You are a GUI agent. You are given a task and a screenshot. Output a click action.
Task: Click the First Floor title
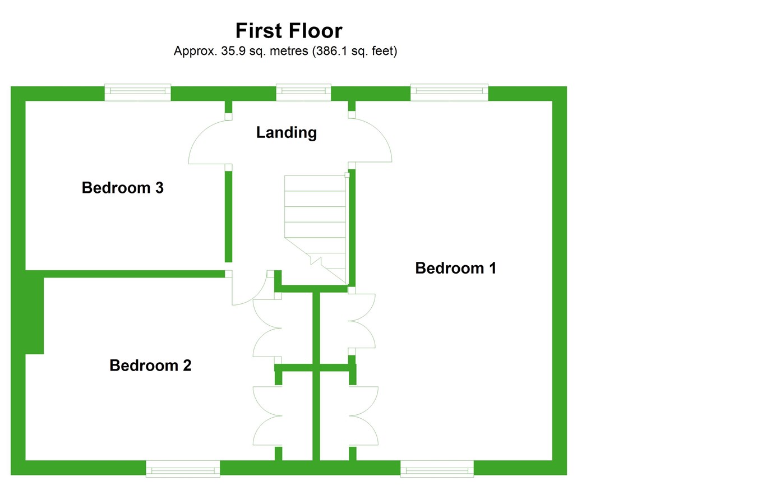pyautogui.click(x=288, y=30)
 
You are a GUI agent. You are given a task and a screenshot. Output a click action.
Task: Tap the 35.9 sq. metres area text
pyautogui.click(x=285, y=51)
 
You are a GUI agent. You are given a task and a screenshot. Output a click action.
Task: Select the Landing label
pyautogui.click(x=287, y=133)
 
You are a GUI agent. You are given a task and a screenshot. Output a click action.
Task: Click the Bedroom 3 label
pyautogui.click(x=122, y=188)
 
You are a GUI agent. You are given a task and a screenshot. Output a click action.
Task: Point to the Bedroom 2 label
pyautogui.click(x=150, y=366)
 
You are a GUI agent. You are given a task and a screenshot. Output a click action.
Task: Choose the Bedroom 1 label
pyautogui.click(x=455, y=269)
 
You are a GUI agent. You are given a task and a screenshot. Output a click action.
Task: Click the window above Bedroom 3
pyautogui.click(x=137, y=92)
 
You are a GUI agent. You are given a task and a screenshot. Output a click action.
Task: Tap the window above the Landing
pyautogui.click(x=303, y=92)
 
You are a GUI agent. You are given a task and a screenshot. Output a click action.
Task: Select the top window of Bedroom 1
pyautogui.click(x=449, y=92)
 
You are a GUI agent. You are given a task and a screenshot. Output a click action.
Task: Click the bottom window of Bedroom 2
pyautogui.click(x=183, y=468)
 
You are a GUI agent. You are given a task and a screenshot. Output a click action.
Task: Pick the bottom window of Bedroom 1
pyautogui.click(x=437, y=468)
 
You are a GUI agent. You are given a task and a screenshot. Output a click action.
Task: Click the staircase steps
pyautogui.click(x=315, y=213)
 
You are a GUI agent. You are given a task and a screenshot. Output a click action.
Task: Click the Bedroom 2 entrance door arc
pyautogui.click(x=250, y=289)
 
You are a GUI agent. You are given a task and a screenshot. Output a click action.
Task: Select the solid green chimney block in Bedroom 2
pyautogui.click(x=34, y=313)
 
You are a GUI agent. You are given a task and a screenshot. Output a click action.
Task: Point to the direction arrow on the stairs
pyautogui.click(x=316, y=260)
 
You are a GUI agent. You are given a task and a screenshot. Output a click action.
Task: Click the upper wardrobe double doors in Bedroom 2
pyautogui.click(x=266, y=328)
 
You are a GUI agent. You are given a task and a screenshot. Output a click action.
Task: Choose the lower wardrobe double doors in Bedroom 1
pyautogui.click(x=364, y=415)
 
